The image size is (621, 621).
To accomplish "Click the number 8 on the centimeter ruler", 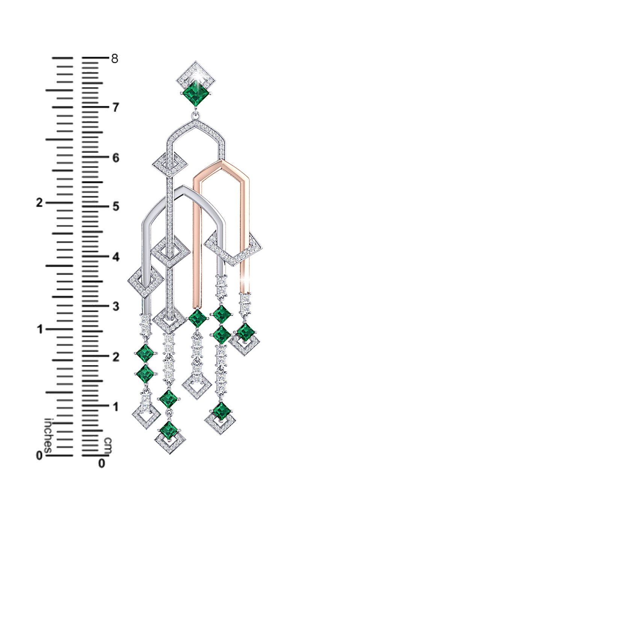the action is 114,59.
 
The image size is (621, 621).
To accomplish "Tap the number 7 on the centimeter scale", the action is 115,107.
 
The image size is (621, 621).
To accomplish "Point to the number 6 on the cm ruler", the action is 115,158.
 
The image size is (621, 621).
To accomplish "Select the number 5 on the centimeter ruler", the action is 115,207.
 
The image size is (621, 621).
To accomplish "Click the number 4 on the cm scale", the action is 115,257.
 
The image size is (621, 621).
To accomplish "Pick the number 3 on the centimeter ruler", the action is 115,307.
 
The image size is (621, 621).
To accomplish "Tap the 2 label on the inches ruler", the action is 39,203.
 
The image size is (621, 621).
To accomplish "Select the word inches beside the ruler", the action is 48,435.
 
